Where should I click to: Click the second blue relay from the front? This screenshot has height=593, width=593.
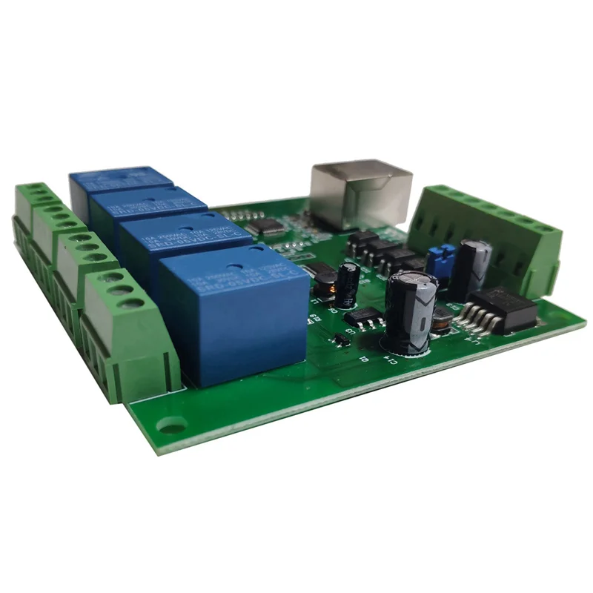(x=185, y=241)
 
